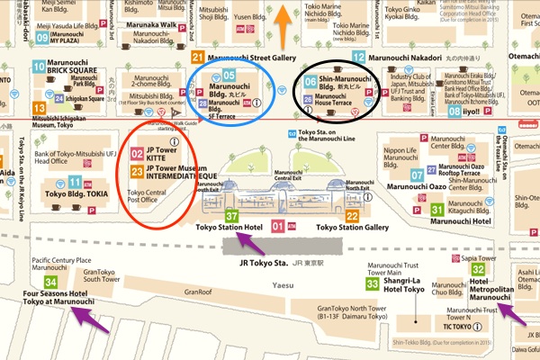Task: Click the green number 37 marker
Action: coord(231,216)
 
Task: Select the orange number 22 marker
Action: coord(352,216)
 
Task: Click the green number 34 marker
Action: coord(39,283)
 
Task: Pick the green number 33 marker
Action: coord(373,283)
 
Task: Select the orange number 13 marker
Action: coord(39,108)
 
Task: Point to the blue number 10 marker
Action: coord(39,66)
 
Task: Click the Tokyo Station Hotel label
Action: coord(229,229)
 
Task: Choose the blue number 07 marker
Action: coord(417,174)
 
